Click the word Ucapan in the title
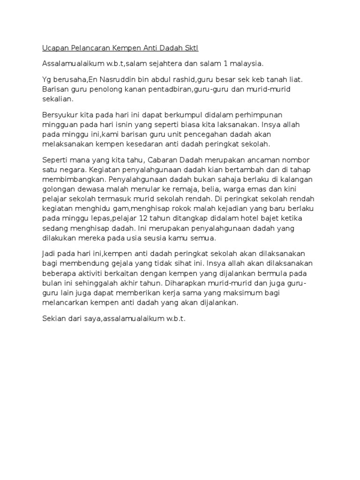(55, 48)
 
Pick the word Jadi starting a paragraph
(50, 254)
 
